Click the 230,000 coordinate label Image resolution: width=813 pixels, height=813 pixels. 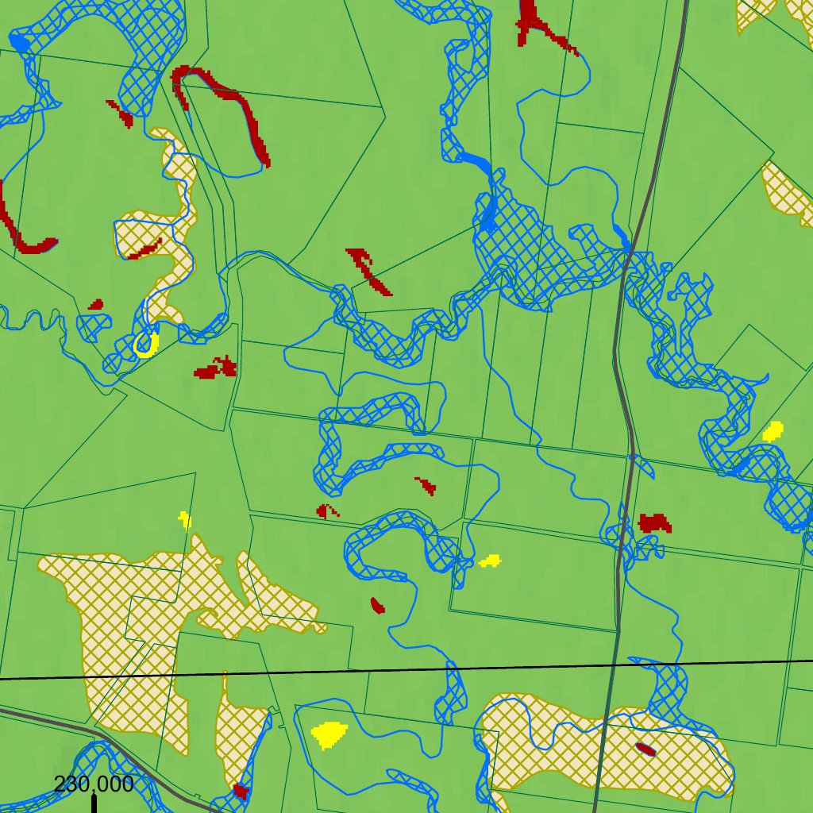[x=94, y=784]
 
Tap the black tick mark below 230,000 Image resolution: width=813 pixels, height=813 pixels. [x=94, y=803]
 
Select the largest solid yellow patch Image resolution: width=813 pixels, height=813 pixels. [x=328, y=734]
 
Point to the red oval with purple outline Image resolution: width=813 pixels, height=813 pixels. [x=645, y=749]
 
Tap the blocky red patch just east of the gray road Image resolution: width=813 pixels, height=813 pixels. [x=655, y=523]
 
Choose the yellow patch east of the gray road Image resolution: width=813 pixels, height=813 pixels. [x=773, y=431]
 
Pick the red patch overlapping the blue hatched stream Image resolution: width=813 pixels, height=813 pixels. [x=241, y=791]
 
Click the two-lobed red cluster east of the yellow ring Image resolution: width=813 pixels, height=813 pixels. [x=216, y=368]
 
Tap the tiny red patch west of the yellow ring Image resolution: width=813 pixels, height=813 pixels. [x=96, y=304]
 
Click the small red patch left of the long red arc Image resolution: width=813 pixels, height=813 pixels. [x=121, y=114]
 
